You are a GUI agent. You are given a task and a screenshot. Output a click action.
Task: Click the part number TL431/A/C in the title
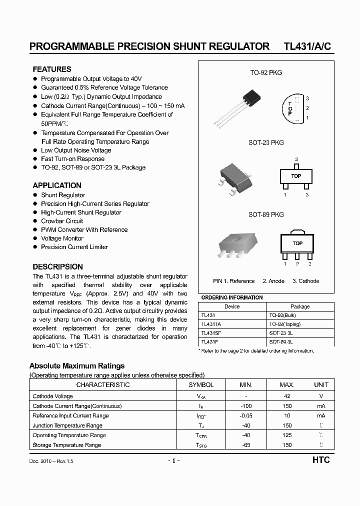[x=307, y=46]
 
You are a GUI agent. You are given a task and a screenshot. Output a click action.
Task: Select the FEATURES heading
[x=52, y=69]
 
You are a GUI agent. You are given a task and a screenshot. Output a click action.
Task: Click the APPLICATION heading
[x=57, y=185]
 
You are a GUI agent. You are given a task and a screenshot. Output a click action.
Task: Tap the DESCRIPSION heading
[x=58, y=267]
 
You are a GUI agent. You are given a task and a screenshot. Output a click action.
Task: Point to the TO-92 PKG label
[x=266, y=72]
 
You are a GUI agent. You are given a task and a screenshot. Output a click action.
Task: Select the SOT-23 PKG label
[x=266, y=142]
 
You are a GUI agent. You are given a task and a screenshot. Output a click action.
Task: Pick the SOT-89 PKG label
[x=266, y=214]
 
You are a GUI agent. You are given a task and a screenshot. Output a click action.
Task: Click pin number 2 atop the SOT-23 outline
[x=296, y=158]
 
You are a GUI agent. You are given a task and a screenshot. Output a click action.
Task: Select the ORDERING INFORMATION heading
[x=231, y=297]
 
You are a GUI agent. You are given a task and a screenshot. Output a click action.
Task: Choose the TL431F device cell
[x=210, y=342]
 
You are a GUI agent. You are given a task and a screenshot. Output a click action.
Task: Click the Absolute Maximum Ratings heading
[x=77, y=366]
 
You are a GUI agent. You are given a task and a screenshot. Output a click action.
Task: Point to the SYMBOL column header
[x=201, y=385]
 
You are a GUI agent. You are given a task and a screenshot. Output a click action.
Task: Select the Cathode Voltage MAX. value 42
[x=286, y=396]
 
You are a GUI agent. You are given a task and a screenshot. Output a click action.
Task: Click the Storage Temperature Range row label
[x=66, y=445]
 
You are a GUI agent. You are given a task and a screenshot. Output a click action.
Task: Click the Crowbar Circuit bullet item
[x=62, y=221]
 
